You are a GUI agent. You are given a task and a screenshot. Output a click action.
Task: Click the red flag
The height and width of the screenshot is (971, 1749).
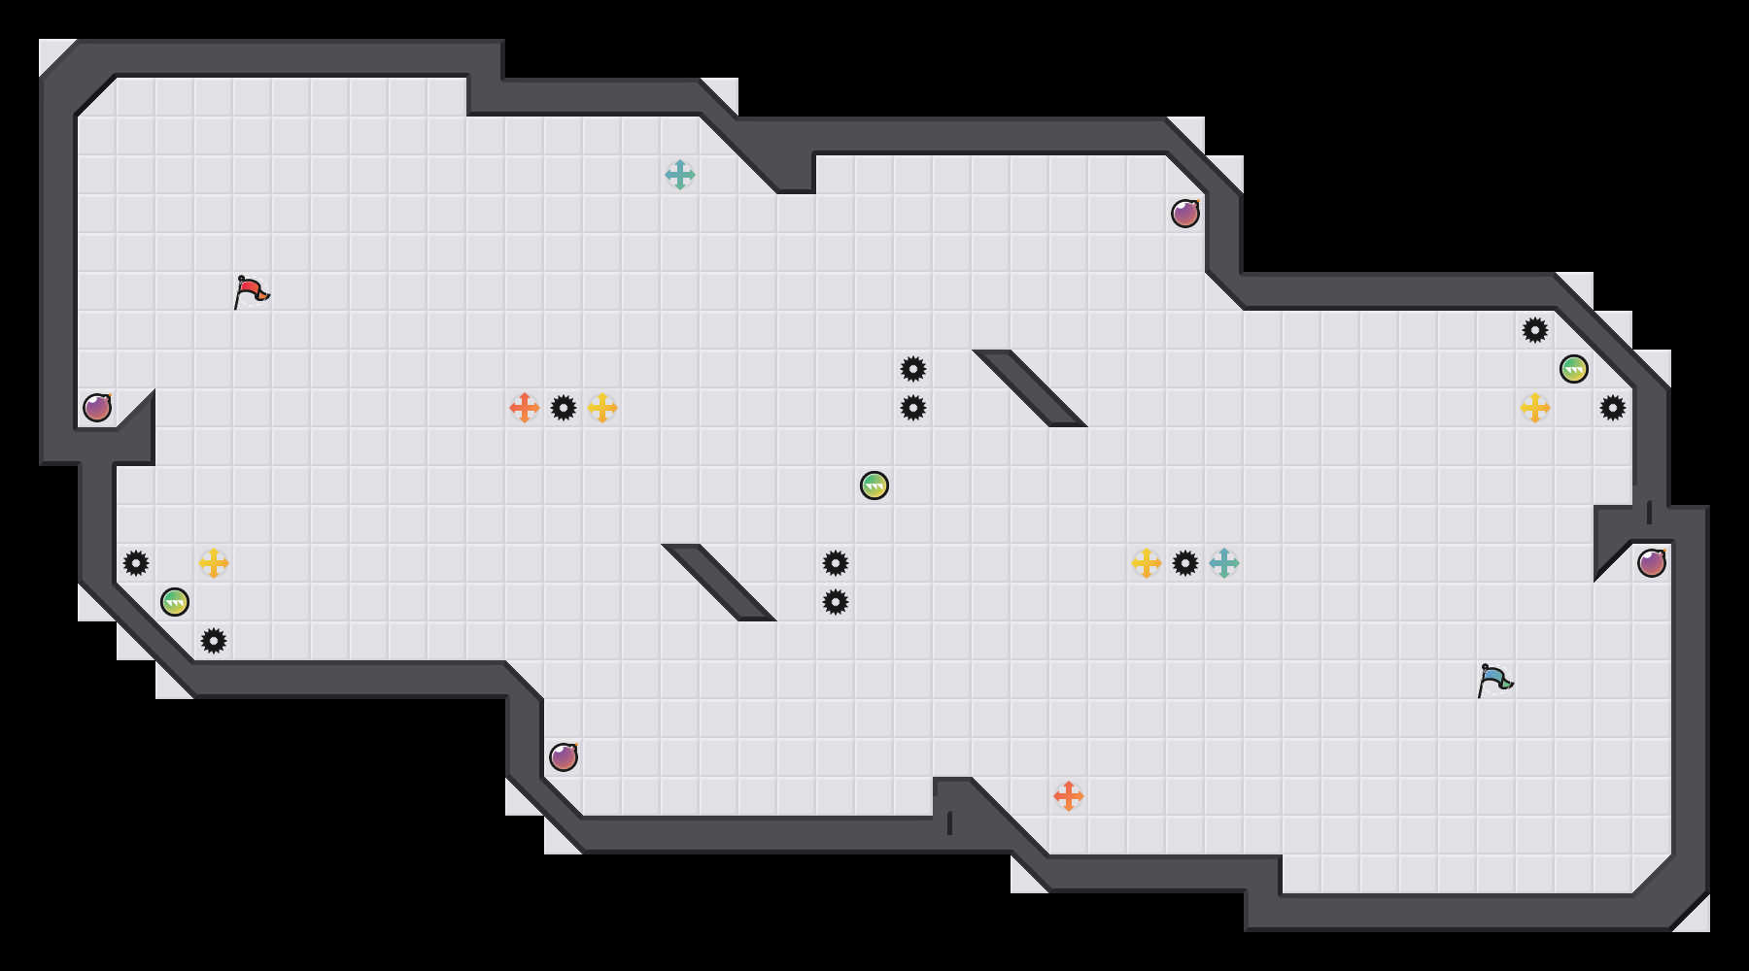coord(251,290)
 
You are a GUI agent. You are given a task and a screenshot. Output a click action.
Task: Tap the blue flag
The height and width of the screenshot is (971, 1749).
coord(1494,679)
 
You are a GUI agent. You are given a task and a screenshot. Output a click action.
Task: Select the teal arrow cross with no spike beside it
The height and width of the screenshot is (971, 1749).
coord(680,175)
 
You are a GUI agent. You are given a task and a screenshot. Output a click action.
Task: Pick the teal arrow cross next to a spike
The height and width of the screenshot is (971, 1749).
coord(1224,563)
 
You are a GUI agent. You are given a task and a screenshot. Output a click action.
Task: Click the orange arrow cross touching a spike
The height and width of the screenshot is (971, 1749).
coord(525,408)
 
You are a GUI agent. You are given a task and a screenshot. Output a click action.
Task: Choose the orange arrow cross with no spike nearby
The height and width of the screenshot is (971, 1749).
coord(1069,796)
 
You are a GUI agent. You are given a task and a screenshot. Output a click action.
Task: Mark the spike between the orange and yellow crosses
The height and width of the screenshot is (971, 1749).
coord(564,408)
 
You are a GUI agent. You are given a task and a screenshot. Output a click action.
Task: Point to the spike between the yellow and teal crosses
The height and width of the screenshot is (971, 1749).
coord(1185,563)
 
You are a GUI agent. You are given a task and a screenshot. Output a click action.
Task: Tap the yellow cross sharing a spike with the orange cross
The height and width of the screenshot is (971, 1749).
coord(602,408)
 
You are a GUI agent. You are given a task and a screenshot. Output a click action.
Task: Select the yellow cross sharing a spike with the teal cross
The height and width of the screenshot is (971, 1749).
coord(1147,563)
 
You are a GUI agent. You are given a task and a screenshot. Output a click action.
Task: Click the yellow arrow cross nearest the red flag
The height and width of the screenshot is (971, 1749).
coord(214,563)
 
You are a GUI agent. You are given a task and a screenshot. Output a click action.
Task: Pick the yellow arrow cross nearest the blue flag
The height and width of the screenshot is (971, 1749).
coord(1535,408)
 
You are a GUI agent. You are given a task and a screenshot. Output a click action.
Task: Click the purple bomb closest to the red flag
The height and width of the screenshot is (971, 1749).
coord(97,408)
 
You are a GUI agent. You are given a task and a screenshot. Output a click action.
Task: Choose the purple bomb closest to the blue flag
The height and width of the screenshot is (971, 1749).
coord(1652,563)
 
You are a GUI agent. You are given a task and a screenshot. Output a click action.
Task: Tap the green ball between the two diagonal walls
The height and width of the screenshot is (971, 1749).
coord(874,485)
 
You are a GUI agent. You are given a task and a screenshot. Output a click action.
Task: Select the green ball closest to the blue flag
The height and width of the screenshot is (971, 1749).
coord(1574,369)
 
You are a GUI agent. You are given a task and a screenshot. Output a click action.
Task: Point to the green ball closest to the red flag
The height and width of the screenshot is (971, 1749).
coord(175,602)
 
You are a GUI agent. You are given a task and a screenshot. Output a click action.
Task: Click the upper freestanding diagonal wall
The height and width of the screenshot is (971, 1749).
coord(1030,388)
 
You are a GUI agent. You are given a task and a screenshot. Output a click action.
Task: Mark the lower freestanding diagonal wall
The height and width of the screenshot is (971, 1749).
coord(719,583)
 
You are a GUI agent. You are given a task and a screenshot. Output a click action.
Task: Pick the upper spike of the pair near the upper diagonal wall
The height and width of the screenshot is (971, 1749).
coord(913,369)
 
